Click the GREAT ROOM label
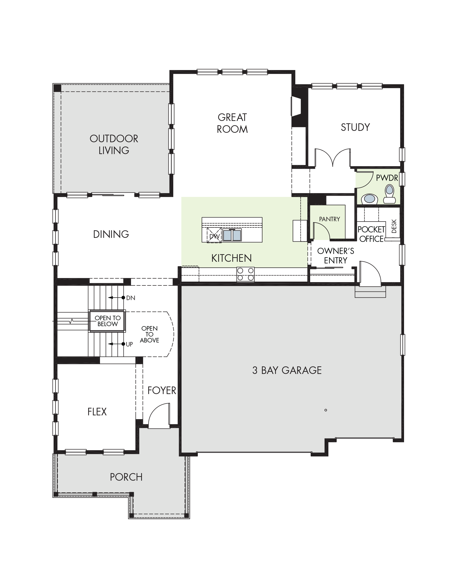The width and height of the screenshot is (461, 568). tap(232, 123)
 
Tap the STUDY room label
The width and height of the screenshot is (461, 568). tap(355, 127)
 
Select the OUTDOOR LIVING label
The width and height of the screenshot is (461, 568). tap(114, 144)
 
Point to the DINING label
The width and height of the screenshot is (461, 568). tap(111, 234)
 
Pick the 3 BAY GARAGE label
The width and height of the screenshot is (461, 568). tap(287, 370)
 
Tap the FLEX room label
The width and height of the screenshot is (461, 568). tap(97, 412)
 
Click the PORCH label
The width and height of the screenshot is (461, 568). tap(126, 477)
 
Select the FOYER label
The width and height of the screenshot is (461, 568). tap(162, 390)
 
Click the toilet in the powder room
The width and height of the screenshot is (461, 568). tap(389, 194)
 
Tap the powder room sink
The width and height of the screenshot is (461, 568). tap(370, 199)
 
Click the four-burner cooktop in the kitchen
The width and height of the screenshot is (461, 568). tap(245, 274)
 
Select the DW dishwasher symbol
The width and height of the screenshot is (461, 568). tap(214, 235)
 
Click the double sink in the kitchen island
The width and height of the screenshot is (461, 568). tap(232, 235)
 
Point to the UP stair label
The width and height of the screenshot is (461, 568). tap(129, 344)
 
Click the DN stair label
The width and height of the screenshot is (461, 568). tap(131, 298)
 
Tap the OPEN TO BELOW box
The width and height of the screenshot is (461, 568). tap(107, 321)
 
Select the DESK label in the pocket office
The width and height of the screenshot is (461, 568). tap(394, 226)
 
